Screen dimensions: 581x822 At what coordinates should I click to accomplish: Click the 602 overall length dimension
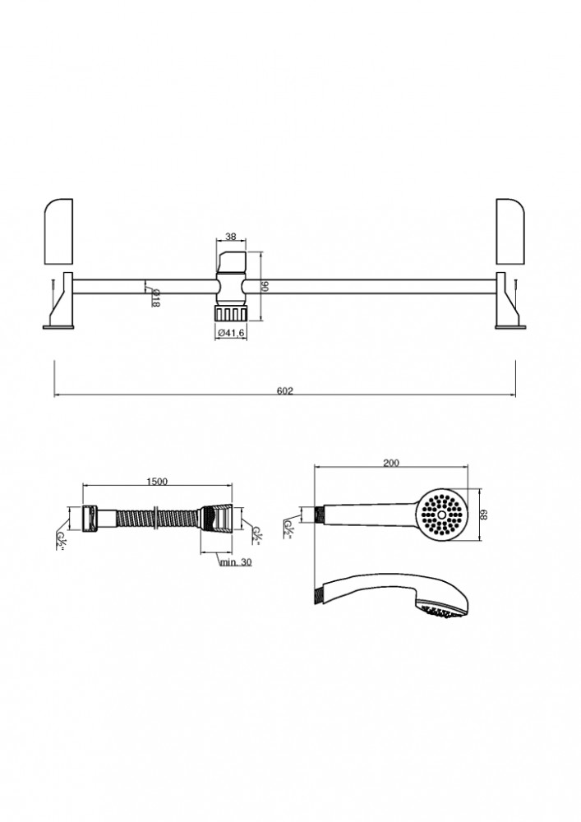(x=284, y=390)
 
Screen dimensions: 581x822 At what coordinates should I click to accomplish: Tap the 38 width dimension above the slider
(x=231, y=237)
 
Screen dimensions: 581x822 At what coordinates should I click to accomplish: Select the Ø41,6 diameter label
(x=232, y=332)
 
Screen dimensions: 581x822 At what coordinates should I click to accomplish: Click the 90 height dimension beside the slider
(x=264, y=286)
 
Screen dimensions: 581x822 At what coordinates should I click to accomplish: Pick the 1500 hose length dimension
(x=157, y=482)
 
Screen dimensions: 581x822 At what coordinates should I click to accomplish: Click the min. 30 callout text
(x=235, y=562)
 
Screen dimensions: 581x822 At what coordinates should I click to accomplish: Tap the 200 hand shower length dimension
(x=391, y=462)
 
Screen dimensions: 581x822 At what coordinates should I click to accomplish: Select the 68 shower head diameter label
(x=484, y=516)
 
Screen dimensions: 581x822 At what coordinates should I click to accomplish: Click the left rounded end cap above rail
(x=58, y=231)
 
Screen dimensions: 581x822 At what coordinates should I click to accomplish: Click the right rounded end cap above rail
(x=510, y=231)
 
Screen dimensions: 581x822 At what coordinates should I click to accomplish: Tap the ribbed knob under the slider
(x=231, y=313)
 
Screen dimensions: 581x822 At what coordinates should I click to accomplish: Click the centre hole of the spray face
(x=441, y=515)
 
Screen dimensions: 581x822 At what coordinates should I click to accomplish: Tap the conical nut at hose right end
(x=216, y=519)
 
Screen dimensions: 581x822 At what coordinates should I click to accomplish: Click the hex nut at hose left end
(x=89, y=518)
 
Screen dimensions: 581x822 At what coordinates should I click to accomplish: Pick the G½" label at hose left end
(x=62, y=544)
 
